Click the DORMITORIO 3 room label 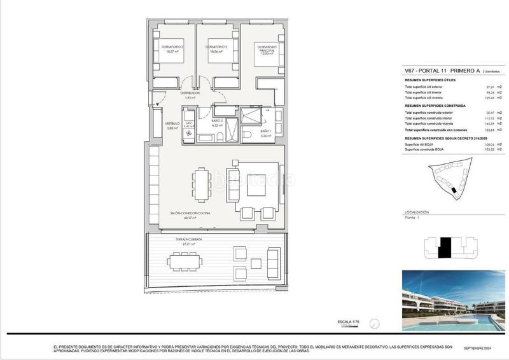(172, 47)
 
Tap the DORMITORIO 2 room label (217, 47)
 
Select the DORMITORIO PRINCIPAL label (267, 50)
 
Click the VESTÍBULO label (171, 123)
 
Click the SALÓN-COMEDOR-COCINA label (186, 213)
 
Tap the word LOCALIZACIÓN (417, 212)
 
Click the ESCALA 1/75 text (349, 323)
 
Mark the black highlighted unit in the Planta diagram (445, 247)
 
